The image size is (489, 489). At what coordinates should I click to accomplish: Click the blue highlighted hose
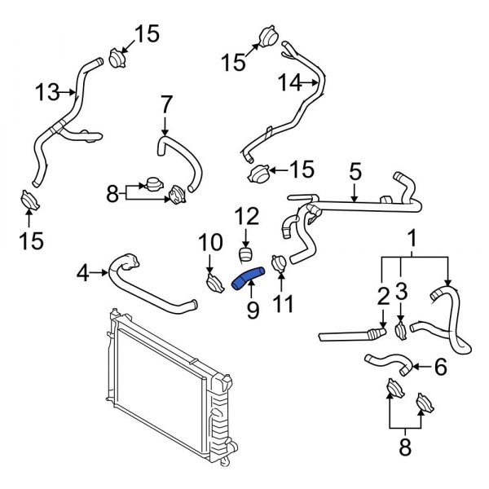click(x=247, y=279)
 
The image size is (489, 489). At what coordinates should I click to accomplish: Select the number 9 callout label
click(x=251, y=309)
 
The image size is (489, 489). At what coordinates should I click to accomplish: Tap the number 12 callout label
click(x=247, y=216)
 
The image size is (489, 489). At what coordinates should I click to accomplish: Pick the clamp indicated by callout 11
click(x=278, y=263)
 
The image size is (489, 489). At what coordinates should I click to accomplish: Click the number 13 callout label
click(x=48, y=93)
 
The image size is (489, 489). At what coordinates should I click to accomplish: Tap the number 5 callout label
click(x=355, y=173)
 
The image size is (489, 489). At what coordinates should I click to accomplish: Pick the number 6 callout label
click(x=441, y=368)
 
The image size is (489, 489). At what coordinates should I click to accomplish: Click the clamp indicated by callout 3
click(x=401, y=330)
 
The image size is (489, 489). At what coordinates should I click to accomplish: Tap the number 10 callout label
click(x=209, y=242)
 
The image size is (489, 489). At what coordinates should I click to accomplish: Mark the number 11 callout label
click(x=281, y=305)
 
